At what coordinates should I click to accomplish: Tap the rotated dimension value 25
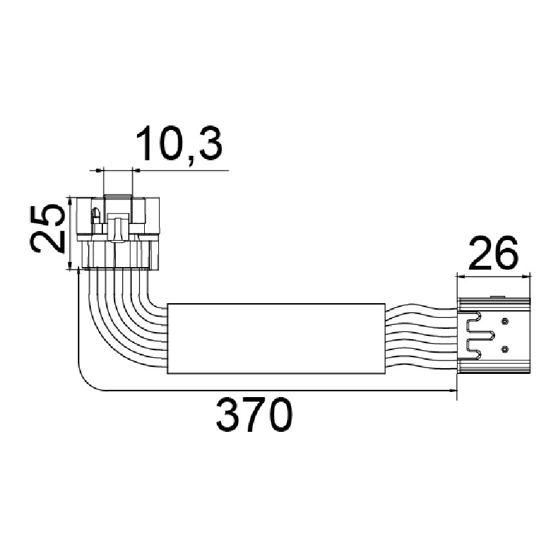tap(48, 228)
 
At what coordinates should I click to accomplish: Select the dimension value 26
tap(494, 252)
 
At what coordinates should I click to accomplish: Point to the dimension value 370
tap(254, 414)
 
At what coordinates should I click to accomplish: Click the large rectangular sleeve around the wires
tap(276, 339)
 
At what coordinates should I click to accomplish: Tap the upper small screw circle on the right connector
tap(504, 321)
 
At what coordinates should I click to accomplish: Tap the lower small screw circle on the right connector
tap(504, 349)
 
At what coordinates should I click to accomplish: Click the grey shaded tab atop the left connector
tap(117, 196)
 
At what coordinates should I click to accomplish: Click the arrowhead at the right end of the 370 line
tap(452, 391)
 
